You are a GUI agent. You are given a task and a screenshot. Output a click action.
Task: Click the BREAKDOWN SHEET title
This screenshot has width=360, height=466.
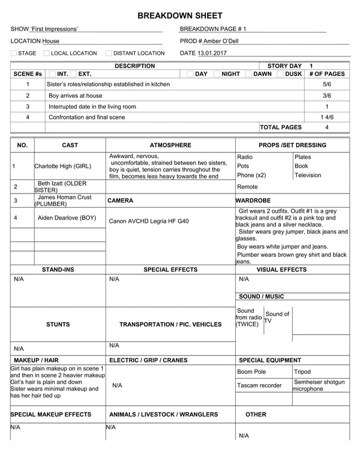click(180, 16)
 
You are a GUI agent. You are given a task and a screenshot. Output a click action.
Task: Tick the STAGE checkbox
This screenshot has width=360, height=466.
click(14, 54)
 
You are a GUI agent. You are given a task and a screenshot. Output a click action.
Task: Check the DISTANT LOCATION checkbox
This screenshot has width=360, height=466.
click(109, 54)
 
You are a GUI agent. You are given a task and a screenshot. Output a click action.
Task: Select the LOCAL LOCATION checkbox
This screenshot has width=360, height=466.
click(47, 54)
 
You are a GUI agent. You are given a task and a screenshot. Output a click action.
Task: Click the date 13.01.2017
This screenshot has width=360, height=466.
click(209, 54)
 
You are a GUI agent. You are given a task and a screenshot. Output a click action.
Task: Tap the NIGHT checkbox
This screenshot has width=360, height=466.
click(217, 74)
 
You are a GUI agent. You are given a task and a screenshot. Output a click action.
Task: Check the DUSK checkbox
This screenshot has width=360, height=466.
click(280, 74)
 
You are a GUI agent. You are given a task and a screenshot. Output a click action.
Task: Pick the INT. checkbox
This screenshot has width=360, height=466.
click(52, 74)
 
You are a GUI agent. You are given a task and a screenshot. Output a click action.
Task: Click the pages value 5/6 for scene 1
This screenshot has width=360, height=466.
click(327, 84)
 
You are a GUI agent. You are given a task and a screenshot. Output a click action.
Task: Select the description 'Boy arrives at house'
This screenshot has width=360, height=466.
click(76, 96)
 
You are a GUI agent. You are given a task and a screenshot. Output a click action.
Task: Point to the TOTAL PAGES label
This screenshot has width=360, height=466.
click(281, 128)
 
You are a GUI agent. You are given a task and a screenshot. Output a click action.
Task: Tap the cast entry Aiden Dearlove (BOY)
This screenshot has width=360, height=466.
click(67, 218)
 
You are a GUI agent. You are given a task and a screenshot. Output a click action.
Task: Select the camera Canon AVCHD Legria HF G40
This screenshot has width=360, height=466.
click(149, 221)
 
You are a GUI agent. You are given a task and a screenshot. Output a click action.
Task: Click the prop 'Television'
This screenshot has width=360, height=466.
click(308, 175)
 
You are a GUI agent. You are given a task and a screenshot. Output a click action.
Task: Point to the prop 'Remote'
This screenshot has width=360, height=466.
click(247, 187)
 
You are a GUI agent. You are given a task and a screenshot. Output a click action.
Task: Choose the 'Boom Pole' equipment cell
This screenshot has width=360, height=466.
click(251, 372)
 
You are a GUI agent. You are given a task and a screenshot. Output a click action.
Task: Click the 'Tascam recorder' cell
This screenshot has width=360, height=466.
click(258, 385)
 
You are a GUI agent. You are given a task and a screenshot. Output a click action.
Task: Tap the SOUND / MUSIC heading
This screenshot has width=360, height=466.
click(261, 297)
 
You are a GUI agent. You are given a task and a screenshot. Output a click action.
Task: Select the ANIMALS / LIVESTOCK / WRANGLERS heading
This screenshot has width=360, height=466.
click(163, 415)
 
